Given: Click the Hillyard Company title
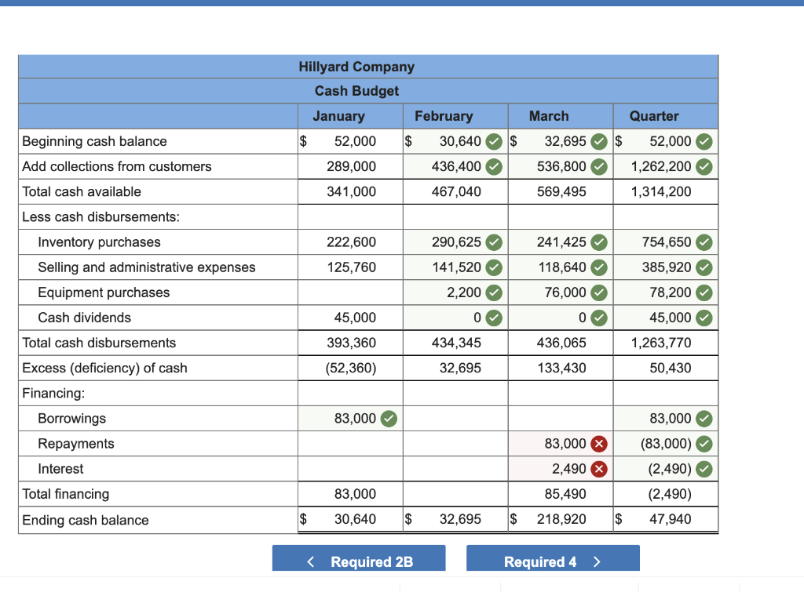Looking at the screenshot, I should click(x=356, y=67).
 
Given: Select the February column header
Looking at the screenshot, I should click(x=444, y=116).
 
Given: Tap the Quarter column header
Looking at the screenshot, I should click(x=654, y=116).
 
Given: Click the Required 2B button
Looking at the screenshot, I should click(x=359, y=561).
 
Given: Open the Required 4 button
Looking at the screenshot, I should click(x=553, y=561).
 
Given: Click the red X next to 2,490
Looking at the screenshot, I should click(x=599, y=469).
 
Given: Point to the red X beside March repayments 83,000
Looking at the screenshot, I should click(x=599, y=444).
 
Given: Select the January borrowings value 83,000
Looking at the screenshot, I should click(x=355, y=419).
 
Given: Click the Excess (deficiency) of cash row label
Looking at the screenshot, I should click(x=104, y=368).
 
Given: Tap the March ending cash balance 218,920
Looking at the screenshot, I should click(x=561, y=519).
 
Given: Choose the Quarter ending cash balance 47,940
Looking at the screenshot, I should click(x=670, y=519).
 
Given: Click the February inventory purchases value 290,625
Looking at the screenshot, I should click(x=456, y=242).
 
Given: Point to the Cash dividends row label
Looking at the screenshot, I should click(x=84, y=318).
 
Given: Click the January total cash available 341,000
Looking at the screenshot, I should click(x=351, y=191).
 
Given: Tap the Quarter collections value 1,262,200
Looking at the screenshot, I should click(x=661, y=166).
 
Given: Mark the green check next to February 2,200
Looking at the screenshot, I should click(x=494, y=292).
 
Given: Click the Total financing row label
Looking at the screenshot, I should click(x=66, y=494).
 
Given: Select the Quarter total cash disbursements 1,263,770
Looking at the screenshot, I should click(x=661, y=343).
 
